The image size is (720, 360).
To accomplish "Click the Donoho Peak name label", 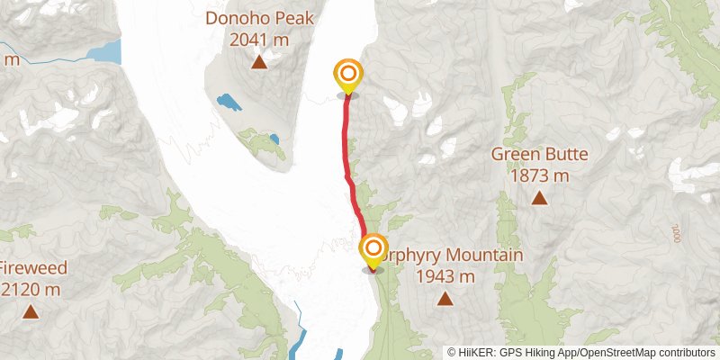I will pos(258,17).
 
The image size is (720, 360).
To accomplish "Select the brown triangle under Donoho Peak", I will pos(258,62).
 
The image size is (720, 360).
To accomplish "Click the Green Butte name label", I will pos(539,154).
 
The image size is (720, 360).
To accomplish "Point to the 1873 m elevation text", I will pos(539,175).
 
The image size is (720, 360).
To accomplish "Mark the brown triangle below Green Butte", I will pos(539,198).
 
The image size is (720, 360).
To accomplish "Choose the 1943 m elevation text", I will pos(445,276).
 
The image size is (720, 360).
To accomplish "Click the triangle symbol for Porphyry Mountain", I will pos(445,299).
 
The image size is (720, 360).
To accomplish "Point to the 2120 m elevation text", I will pos(30,290).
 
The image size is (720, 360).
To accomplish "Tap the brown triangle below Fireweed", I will pos(31,312).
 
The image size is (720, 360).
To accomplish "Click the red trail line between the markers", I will pos(348,162).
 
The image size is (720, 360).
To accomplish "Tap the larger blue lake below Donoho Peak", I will pos(229,102).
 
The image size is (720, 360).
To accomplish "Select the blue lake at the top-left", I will pos(103,50).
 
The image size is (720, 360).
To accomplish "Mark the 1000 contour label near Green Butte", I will pos(676,233).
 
